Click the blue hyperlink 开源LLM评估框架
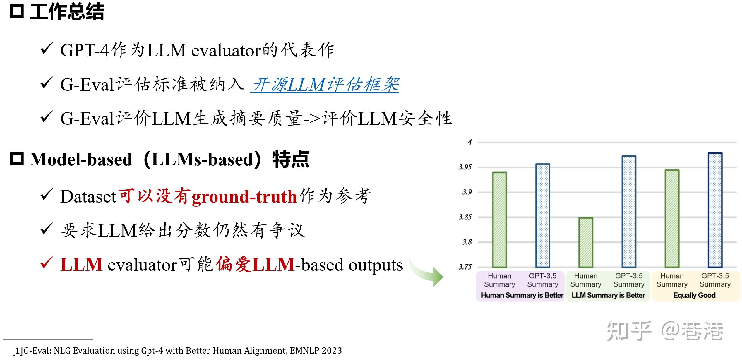tap(325, 85)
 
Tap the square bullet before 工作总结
tap(17, 12)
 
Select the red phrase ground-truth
tap(244, 197)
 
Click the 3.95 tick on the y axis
tap(465, 167)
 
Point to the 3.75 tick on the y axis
tap(465, 267)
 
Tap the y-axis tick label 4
tap(470, 142)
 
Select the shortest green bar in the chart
tap(586, 242)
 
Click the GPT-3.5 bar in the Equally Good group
tap(715, 210)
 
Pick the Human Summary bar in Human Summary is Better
tap(500, 220)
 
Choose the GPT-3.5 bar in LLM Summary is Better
tap(629, 212)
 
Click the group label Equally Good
tap(694, 295)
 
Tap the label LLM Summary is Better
tap(608, 295)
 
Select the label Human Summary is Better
tap(522, 295)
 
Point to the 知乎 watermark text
tap(629, 331)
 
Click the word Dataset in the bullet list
tap(88, 197)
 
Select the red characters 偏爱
tap(234, 264)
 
